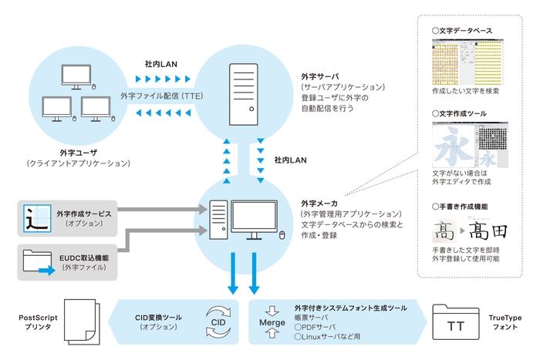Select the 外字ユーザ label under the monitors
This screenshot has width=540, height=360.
click(x=78, y=153)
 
